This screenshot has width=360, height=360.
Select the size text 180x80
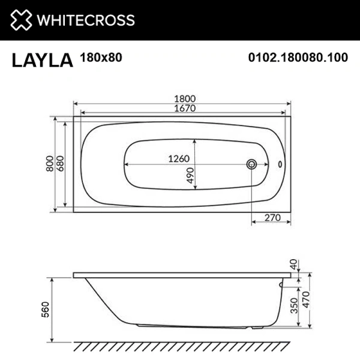point(98,58)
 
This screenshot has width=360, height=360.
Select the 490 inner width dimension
point(189,175)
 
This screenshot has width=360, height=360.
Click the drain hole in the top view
point(252,164)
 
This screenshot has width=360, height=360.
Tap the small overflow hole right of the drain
point(280,164)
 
